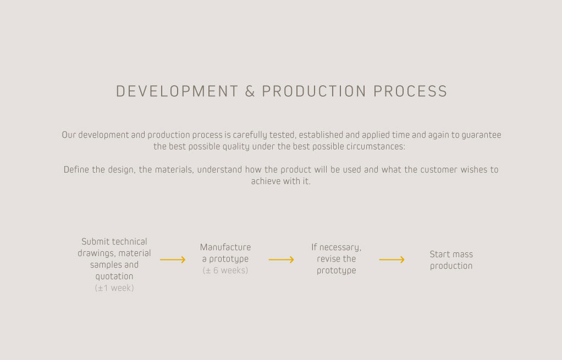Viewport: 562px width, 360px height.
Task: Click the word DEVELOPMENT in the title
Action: pos(177,91)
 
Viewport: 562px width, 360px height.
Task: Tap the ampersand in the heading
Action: pos(250,91)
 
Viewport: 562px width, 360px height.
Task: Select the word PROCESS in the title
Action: pos(410,91)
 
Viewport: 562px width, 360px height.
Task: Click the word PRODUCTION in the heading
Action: pos(314,91)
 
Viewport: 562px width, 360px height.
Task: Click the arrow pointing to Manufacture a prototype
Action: pos(173,260)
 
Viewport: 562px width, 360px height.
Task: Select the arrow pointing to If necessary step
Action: pos(282,260)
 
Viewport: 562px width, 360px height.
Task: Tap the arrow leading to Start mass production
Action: pos(392,260)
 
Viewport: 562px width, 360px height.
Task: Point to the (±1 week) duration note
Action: pos(114,288)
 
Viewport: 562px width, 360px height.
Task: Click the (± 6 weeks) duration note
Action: pos(225,270)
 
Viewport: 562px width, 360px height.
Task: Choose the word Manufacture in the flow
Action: pos(225,247)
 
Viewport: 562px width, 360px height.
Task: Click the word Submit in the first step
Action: pos(94,241)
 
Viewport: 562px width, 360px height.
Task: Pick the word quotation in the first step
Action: pos(114,276)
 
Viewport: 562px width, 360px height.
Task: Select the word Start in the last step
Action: pos(439,254)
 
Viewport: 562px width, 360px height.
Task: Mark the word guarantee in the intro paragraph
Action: pos(481,135)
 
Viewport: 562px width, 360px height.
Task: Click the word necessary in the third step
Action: pos(340,247)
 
